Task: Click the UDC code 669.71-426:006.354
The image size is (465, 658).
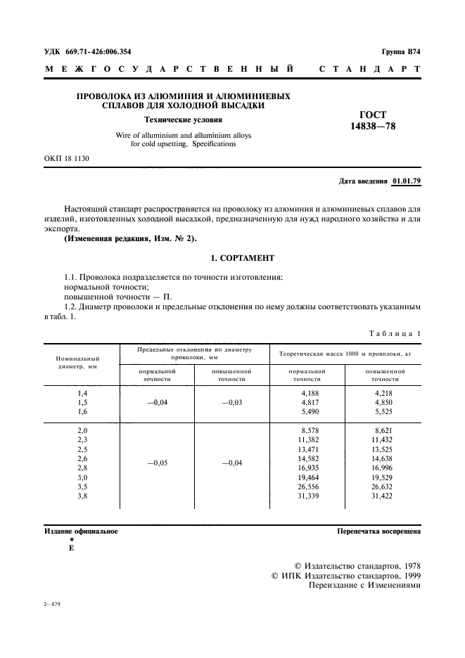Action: pos(99,52)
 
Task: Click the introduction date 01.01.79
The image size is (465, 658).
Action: pos(406,181)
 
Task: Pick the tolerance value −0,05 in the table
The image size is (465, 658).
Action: pos(156,463)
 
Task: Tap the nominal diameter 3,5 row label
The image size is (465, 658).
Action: pos(82,486)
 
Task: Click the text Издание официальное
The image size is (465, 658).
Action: pos(81,531)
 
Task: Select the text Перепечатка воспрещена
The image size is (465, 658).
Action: pos(378,531)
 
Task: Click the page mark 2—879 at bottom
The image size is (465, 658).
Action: pos(52,604)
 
